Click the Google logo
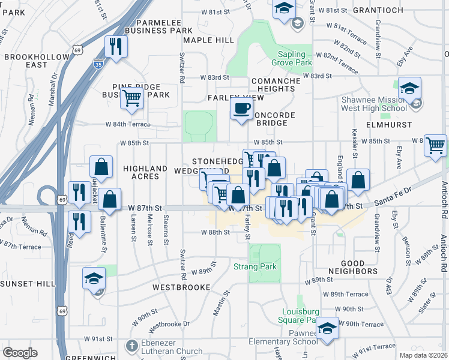point(20,353)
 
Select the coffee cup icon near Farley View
point(241,108)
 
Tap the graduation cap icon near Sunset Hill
point(94,278)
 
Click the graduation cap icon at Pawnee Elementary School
point(327,328)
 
